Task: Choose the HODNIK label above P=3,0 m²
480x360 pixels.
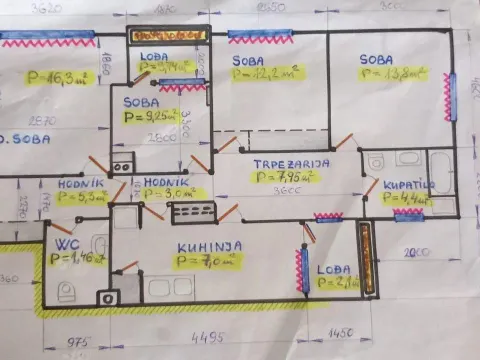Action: tap(165, 181)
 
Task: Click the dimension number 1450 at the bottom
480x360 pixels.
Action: tap(340, 332)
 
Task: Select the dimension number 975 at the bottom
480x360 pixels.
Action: tap(77, 342)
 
